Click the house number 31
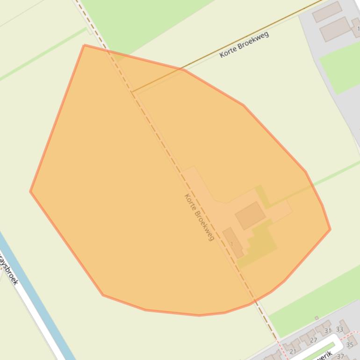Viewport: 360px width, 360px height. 328,331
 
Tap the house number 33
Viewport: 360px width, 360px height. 340,329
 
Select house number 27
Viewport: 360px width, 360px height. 313,340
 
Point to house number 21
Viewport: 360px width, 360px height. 293,352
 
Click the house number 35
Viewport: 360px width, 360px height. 350,345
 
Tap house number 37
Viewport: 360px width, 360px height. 340,357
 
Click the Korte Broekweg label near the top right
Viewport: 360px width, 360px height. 244,45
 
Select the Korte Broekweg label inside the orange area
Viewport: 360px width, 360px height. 199,217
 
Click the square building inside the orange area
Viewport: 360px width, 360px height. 250,216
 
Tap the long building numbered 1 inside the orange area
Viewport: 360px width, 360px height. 233,243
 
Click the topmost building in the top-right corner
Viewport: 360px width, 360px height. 327,12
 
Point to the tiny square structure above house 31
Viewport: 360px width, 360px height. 317,318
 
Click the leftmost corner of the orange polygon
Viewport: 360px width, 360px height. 30,191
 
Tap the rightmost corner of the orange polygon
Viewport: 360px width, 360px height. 330,229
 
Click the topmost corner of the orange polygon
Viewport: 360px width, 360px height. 84,45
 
